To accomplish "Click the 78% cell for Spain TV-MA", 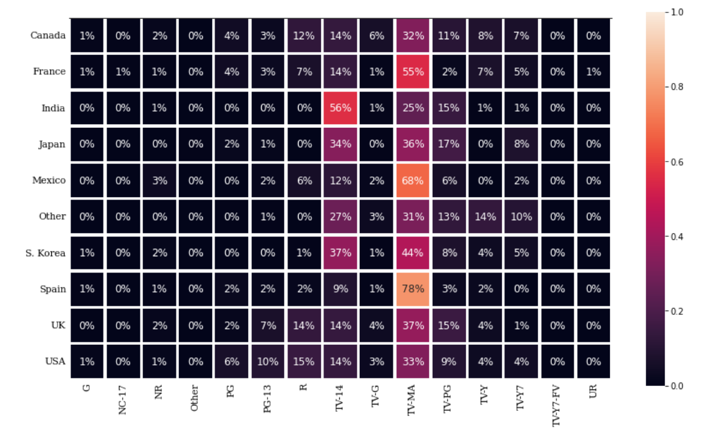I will (412, 289).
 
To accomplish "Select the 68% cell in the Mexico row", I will (412, 180).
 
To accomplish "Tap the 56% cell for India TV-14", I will (340, 108).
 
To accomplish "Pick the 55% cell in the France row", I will (412, 72).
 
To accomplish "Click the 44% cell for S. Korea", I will (412, 253).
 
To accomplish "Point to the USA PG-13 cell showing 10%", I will (268, 361).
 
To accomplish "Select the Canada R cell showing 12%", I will (304, 36).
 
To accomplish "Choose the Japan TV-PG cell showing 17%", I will (448, 144).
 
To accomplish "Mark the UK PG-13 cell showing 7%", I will (268, 325).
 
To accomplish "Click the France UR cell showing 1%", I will (593, 72).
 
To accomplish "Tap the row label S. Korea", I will (46, 253).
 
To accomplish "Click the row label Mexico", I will (49, 180).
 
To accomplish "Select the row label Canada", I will (47, 36).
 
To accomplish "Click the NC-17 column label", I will (123, 400).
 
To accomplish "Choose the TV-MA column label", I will (412, 399).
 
